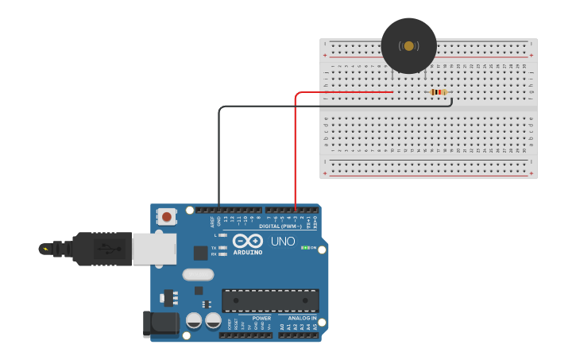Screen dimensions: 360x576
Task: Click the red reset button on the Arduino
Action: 167,216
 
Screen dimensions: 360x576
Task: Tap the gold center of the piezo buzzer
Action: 408,46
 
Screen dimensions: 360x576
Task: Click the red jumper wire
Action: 296,151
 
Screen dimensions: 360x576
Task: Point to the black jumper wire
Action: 219,151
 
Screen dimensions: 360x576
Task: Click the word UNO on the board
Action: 283,242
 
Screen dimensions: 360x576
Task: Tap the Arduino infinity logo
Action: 247,241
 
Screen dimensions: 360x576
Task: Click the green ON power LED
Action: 305,248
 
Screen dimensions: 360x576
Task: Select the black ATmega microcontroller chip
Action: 270,300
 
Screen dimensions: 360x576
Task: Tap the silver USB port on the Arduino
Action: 153,249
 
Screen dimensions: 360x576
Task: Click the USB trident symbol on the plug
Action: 103,249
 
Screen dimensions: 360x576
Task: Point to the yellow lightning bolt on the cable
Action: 45,250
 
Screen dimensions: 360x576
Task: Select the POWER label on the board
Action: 261,318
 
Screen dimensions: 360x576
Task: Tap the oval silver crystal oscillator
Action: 198,275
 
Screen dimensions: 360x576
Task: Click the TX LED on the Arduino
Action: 222,248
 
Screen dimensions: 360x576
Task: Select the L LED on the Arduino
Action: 222,236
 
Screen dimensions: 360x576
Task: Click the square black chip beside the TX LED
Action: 200,253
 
